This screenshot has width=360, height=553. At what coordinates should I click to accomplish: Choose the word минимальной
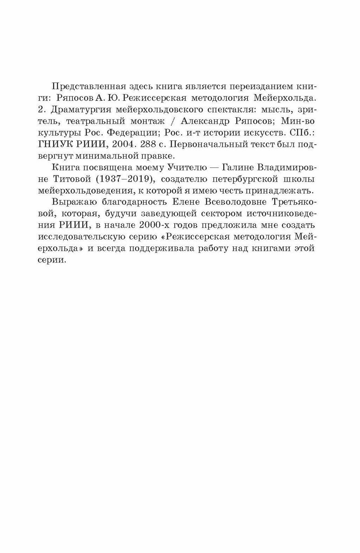click(x=111, y=158)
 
